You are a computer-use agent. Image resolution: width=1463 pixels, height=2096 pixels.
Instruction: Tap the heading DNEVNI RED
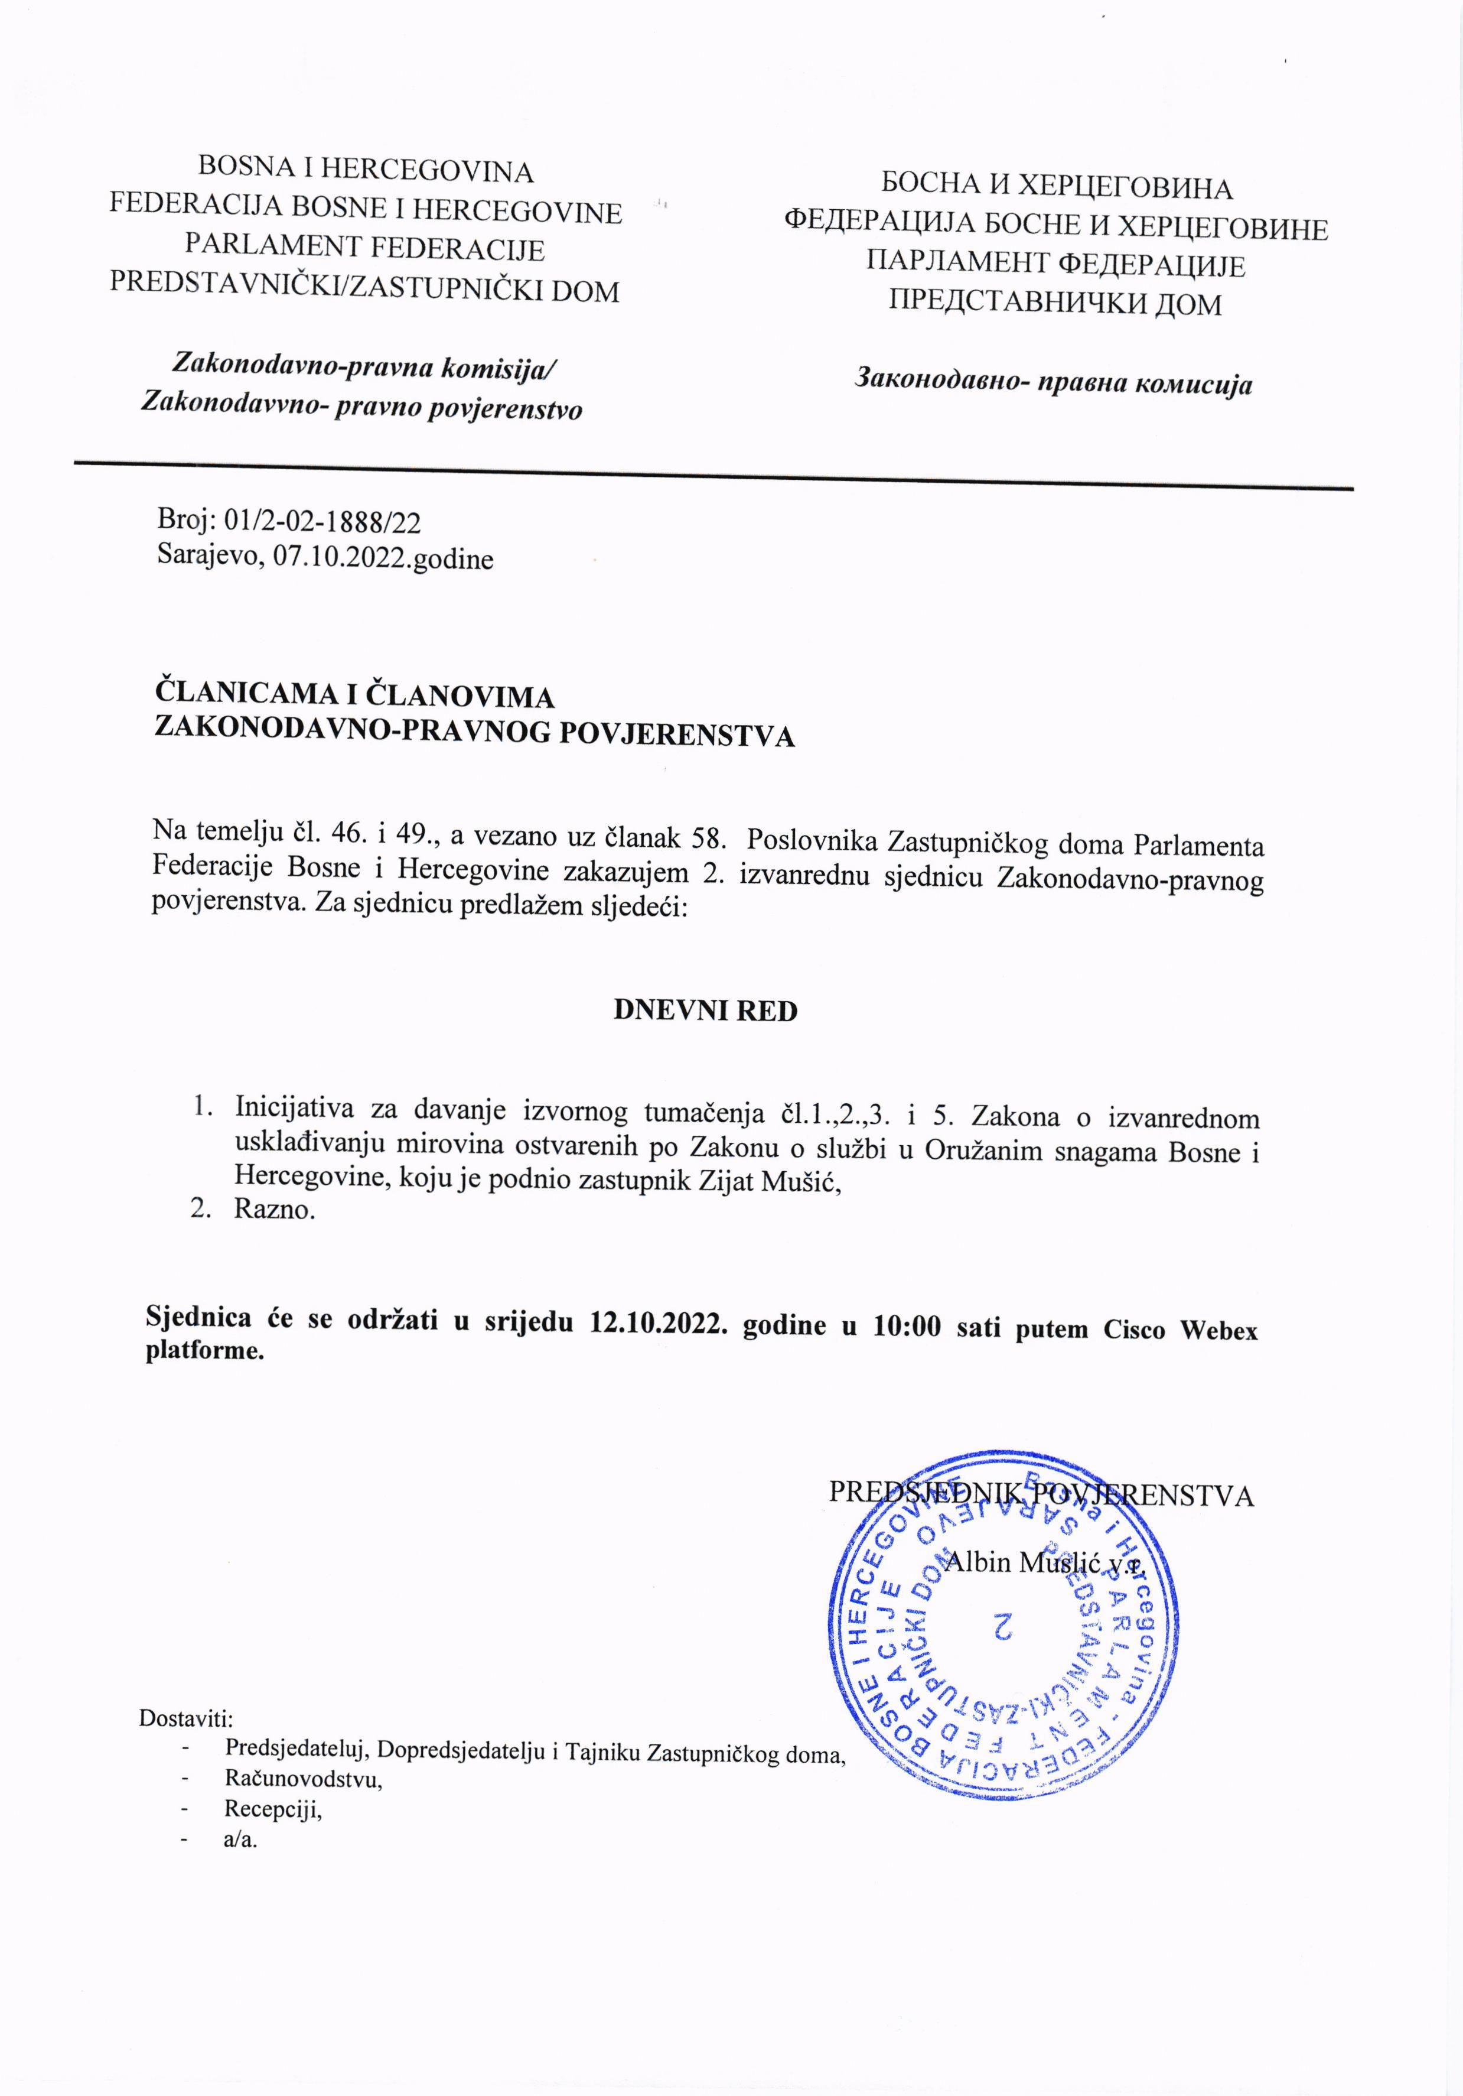point(705,1010)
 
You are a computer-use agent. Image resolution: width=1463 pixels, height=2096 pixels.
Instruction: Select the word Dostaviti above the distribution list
point(186,1718)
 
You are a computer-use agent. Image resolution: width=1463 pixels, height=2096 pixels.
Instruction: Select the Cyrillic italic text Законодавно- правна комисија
point(1053,382)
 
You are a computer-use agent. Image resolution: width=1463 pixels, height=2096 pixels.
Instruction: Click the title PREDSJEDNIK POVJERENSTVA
point(1041,1494)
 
